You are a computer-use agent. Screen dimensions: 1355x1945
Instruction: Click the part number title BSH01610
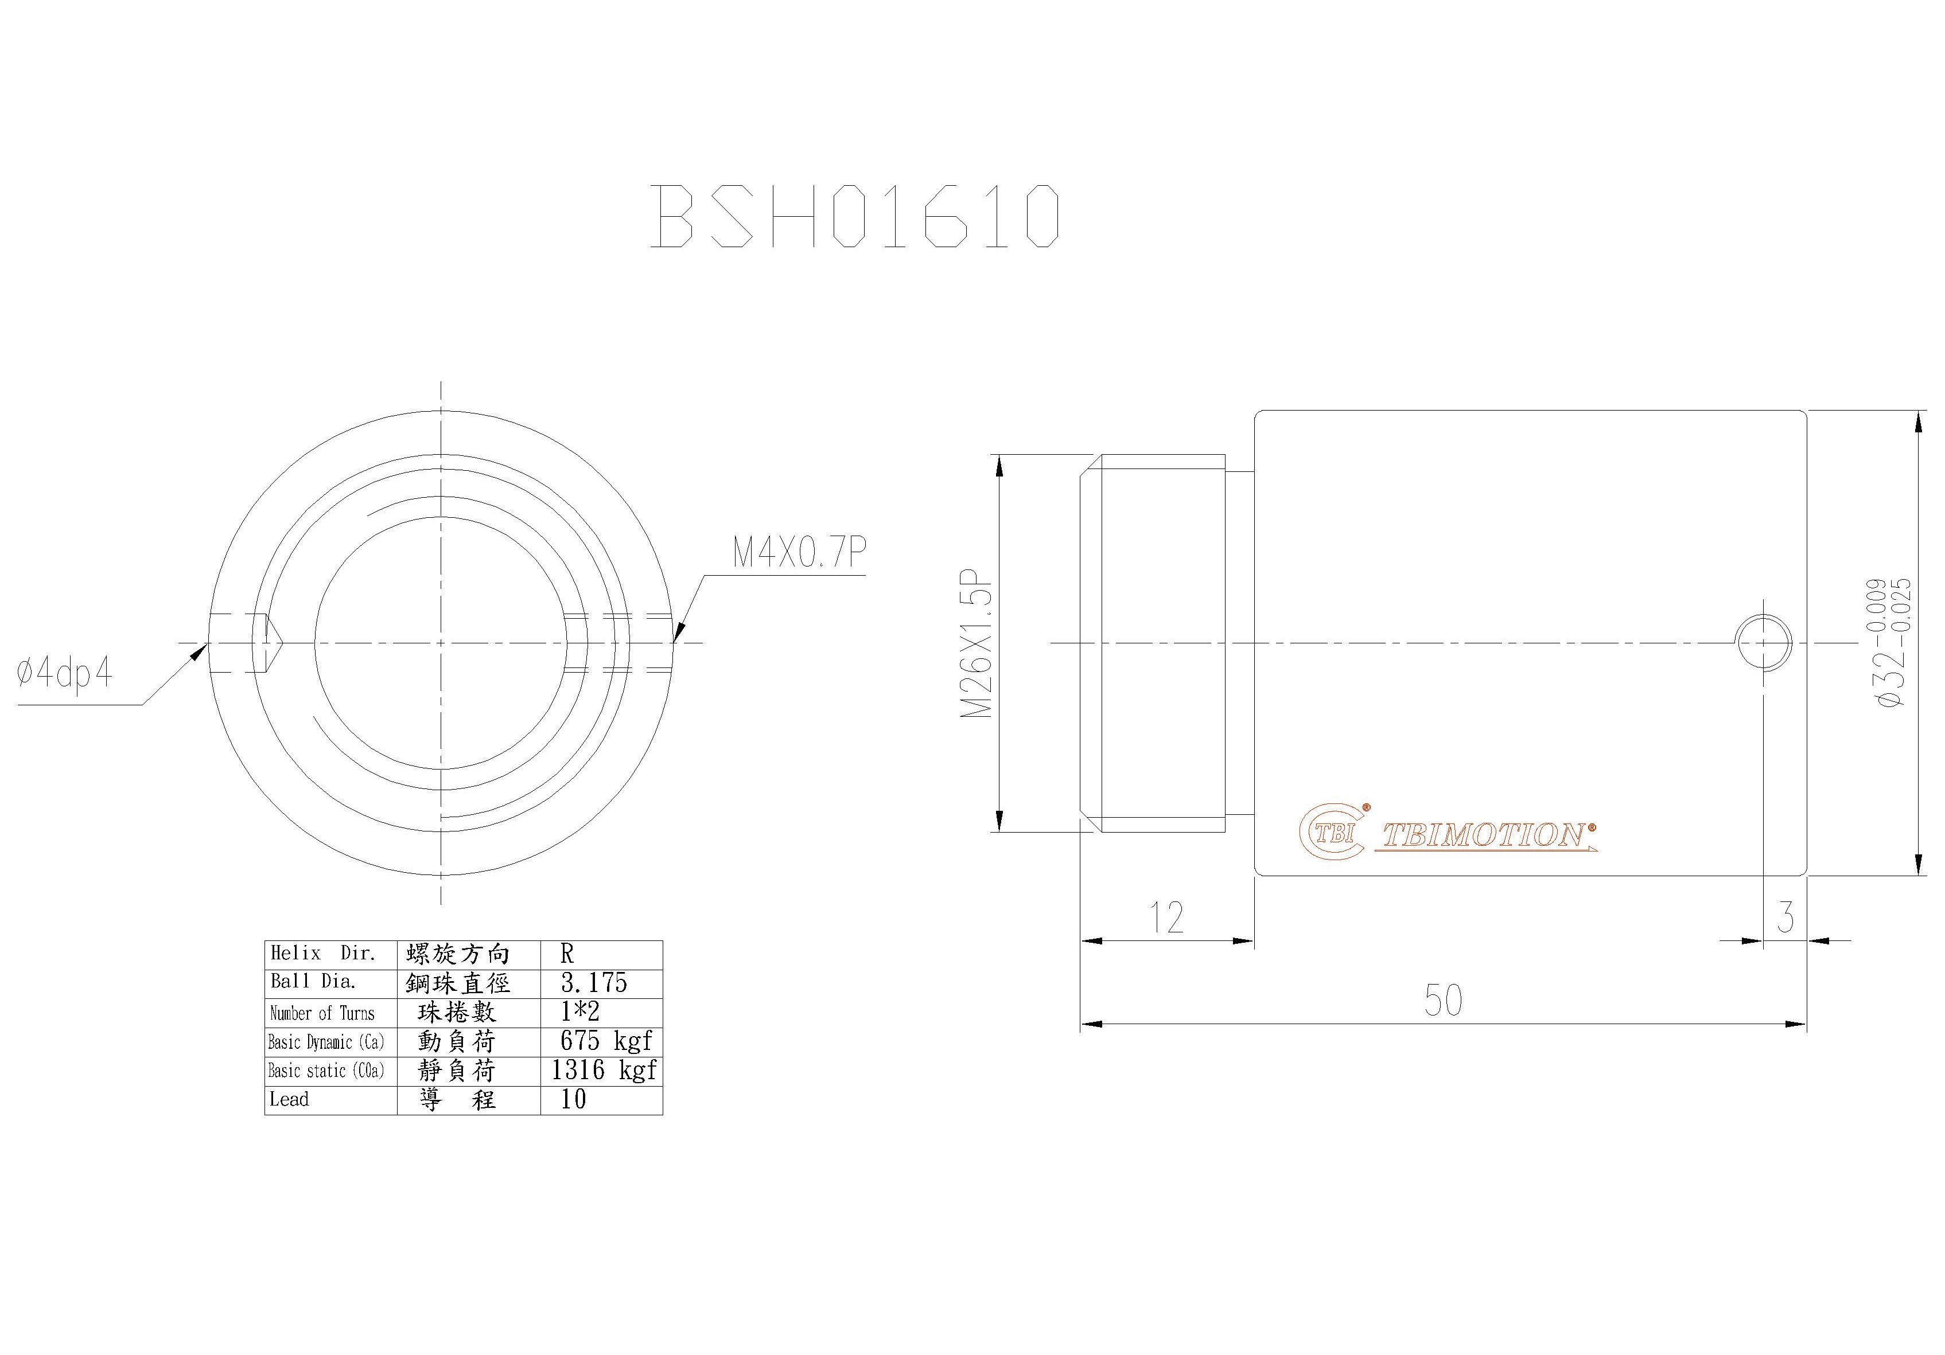click(x=855, y=216)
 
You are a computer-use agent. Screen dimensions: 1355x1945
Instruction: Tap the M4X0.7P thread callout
click(x=799, y=552)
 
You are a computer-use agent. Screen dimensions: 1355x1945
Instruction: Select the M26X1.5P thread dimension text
click(x=976, y=643)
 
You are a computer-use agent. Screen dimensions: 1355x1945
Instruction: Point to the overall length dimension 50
click(x=1442, y=1000)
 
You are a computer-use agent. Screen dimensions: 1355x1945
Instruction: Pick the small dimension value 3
click(x=1785, y=917)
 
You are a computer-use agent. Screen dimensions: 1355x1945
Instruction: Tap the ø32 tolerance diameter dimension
click(x=1891, y=643)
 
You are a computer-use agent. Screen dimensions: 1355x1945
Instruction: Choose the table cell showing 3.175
click(x=594, y=983)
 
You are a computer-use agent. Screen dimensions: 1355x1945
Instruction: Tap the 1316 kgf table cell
click(x=603, y=1071)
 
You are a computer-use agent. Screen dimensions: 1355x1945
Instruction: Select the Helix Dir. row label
click(x=323, y=954)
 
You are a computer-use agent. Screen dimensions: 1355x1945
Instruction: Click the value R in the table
click(x=567, y=954)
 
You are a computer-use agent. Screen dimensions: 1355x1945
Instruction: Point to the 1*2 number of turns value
click(x=579, y=1012)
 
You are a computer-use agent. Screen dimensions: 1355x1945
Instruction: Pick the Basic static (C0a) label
click(x=326, y=1071)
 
